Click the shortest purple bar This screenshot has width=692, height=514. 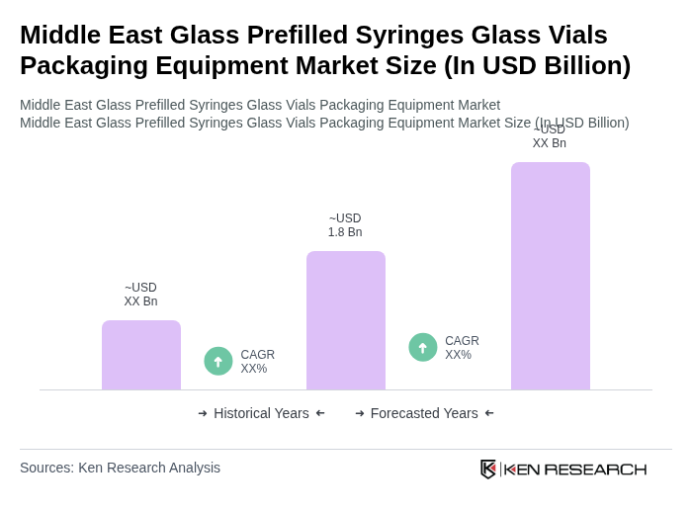coord(141,355)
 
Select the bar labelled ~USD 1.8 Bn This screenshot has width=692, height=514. coord(346,320)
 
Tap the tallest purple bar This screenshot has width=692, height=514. coord(551,276)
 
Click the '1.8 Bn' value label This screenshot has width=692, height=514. coord(345,232)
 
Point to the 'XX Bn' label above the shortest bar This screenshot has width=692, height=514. coord(140,301)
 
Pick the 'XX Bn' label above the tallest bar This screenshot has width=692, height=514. coord(550,143)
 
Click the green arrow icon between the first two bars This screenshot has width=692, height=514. coord(218,361)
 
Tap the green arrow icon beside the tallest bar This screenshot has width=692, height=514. coord(423,347)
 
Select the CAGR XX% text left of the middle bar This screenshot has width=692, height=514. coord(258,362)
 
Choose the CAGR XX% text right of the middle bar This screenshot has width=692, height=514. coord(462,348)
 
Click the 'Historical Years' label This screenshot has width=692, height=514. coord(261,413)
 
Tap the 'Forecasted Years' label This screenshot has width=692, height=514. coord(424,413)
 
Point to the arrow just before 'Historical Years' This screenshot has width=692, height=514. coord(203,413)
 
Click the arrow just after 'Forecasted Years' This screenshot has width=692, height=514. coord(489,413)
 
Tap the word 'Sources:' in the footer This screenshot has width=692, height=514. coord(46,468)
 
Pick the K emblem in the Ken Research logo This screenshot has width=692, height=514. coord(488,469)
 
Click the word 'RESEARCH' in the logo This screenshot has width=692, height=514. coord(595,469)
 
